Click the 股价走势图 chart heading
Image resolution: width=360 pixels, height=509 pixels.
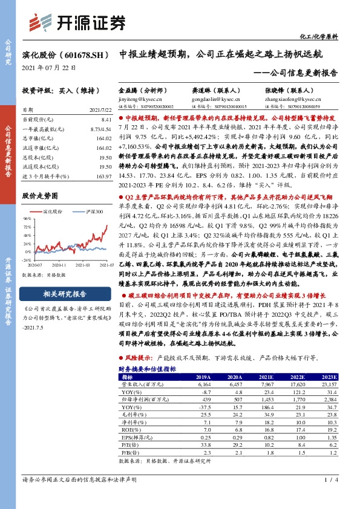point(40,196)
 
